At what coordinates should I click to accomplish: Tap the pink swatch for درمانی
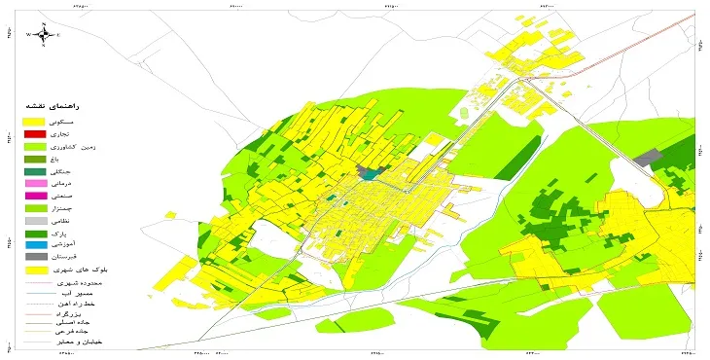pos(35,183)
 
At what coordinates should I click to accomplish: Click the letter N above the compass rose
pos(44,23)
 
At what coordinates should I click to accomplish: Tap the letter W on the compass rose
pos(29,35)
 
